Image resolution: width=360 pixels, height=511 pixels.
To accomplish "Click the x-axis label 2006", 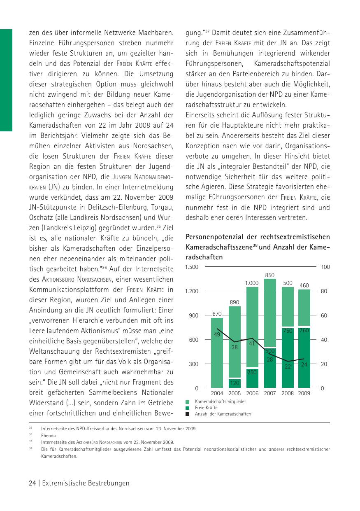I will (x=252, y=393).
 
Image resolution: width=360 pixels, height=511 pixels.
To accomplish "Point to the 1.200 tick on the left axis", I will (x=192, y=291).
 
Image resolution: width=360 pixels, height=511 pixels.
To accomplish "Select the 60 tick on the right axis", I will (x=325, y=315).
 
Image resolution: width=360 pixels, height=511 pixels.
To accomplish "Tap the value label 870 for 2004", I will (x=217, y=314).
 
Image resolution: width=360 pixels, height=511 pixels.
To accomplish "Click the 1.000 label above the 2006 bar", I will (x=252, y=283).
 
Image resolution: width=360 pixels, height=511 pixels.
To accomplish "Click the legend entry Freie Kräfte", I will (x=206, y=408).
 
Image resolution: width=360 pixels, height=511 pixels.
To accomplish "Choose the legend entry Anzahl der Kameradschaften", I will (x=223, y=414).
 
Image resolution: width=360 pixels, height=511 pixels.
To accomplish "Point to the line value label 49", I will (x=217, y=335).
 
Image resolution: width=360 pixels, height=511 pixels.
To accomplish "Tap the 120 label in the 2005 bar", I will (x=235, y=383).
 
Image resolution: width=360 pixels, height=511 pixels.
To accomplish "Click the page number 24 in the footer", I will (x=32, y=483).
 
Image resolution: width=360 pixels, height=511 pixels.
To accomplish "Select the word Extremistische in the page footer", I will (x=63, y=483).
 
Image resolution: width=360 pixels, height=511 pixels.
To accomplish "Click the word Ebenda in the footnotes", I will (x=48, y=435).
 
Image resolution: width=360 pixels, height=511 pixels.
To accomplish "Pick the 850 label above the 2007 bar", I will (x=270, y=275).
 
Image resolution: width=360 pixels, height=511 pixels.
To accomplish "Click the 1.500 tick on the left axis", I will (x=192, y=267).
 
